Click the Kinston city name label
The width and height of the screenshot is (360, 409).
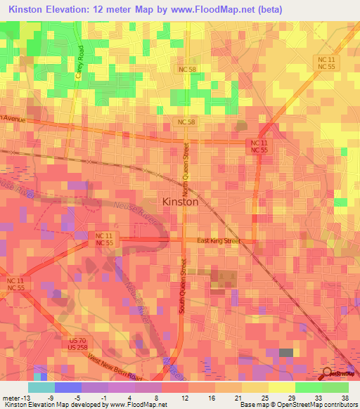tap(180, 201)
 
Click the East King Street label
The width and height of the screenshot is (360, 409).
tap(219, 241)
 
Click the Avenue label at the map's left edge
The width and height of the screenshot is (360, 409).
tap(13, 119)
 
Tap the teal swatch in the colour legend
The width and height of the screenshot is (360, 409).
tap(41, 387)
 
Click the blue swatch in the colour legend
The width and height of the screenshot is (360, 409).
tap(67, 387)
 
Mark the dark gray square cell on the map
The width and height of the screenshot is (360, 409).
tap(286, 353)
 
